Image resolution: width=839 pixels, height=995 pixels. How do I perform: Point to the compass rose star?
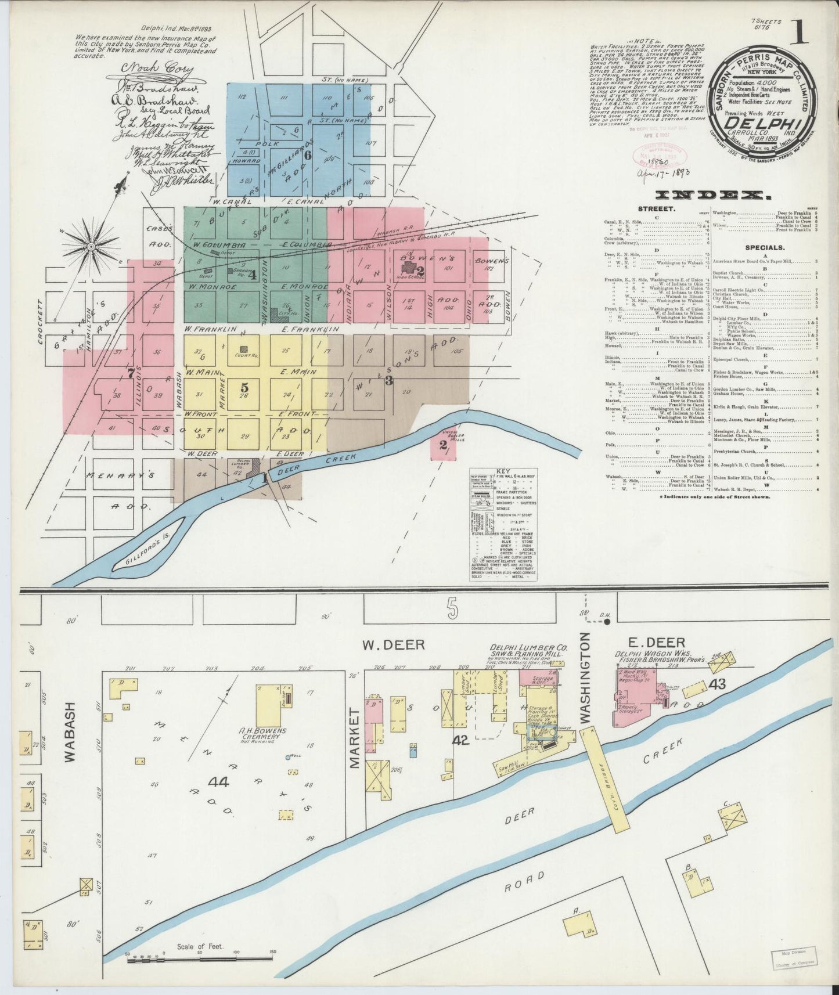click(91, 247)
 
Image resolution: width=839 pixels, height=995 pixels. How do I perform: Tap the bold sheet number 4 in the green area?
click(252, 275)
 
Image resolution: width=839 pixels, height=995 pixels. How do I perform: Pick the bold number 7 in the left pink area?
click(131, 373)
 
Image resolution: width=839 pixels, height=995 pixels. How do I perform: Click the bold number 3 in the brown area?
click(389, 380)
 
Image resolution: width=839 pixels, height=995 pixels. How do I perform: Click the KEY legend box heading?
click(503, 471)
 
